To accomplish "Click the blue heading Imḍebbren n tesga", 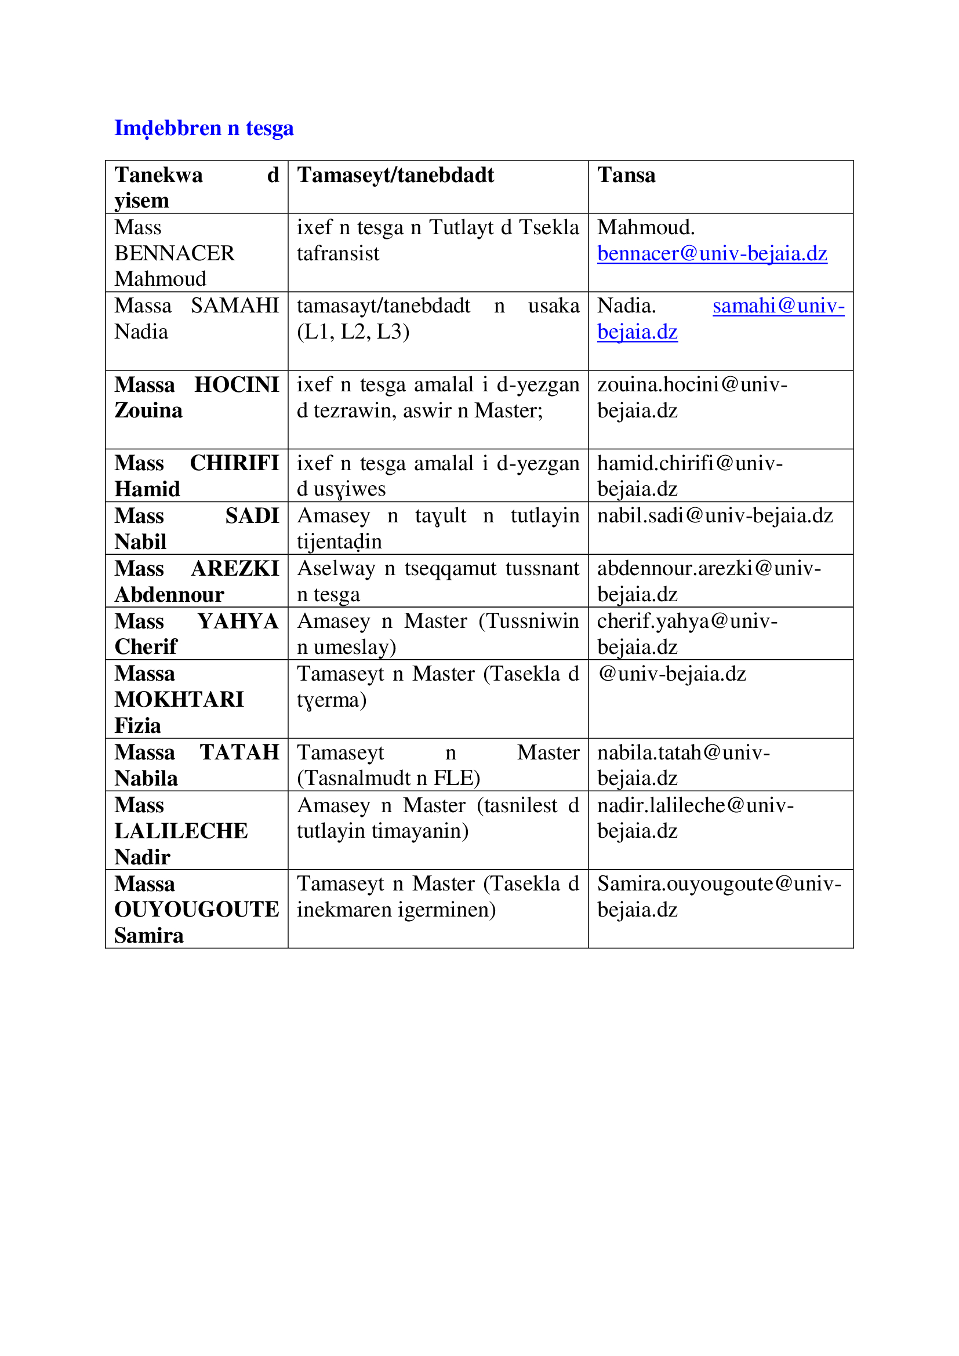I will click(x=204, y=128).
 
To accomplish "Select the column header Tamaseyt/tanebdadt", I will click(x=395, y=176).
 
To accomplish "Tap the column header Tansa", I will click(x=626, y=176).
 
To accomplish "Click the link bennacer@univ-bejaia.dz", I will click(x=711, y=253).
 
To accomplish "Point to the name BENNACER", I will click(x=174, y=253).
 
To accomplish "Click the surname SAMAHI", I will click(x=234, y=306).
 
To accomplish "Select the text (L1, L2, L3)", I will click(x=353, y=332).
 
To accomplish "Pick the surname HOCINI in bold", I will click(x=236, y=384).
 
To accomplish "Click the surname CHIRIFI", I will click(x=234, y=463).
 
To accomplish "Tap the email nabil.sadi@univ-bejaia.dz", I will click(x=714, y=515).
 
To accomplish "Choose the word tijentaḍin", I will click(x=339, y=542).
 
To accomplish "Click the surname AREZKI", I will click(x=235, y=568).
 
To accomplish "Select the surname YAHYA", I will click(x=237, y=621).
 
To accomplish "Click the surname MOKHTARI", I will click(x=179, y=700).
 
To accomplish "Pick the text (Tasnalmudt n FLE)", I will click(x=388, y=779).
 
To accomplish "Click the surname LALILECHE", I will click(x=181, y=831).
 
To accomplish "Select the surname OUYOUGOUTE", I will click(x=196, y=910).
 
